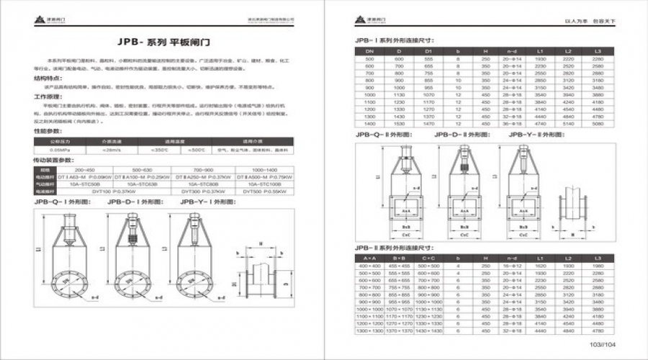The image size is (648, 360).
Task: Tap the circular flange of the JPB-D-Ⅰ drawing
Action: pyautogui.click(x=135, y=276)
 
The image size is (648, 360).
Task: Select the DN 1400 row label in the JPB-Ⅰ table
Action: pyautogui.click(x=371, y=124)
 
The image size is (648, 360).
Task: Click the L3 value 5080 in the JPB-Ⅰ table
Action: pyautogui.click(x=597, y=124)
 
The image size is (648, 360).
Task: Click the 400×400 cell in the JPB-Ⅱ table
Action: pyautogui.click(x=371, y=266)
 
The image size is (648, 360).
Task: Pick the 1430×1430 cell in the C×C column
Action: pyautogui.click(x=428, y=330)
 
